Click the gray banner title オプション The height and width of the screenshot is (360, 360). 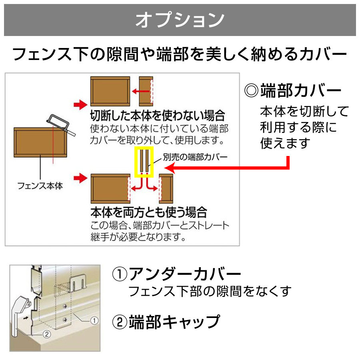click(180, 20)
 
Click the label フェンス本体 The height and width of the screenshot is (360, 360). click(40, 186)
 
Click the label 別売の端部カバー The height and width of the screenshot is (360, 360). click(195, 157)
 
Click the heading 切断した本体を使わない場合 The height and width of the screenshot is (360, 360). click(158, 115)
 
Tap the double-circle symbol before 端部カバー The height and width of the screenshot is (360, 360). click(251, 90)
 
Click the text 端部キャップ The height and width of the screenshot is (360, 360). click(174, 322)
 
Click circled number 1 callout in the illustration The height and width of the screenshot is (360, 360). click(94, 320)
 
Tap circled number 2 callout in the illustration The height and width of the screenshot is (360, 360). click(47, 334)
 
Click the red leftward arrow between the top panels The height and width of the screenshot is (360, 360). click(141, 91)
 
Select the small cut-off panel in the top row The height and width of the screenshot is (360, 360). click(146, 91)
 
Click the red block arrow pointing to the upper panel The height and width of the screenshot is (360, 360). click(80, 105)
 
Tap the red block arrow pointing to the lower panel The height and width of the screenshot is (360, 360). click(80, 178)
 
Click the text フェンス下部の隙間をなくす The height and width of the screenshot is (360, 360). click(210, 291)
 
